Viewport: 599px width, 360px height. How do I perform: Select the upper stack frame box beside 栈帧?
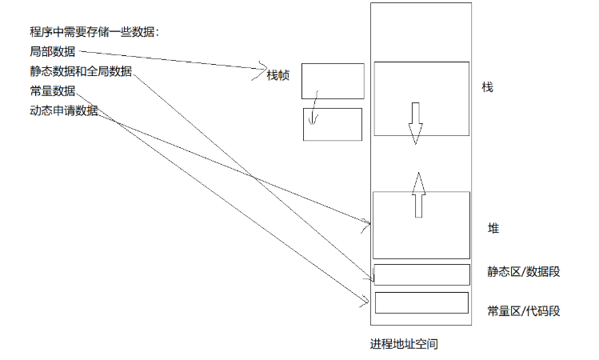pos(333,81)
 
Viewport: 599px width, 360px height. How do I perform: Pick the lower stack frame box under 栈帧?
pos(333,124)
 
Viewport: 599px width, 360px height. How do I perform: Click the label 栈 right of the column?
pos(488,86)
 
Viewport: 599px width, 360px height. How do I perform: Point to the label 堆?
pos(493,229)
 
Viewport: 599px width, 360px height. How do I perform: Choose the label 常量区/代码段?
pos(524,310)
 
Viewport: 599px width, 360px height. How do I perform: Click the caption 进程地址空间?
pos(404,345)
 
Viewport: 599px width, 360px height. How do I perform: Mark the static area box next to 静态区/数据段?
pos(421,274)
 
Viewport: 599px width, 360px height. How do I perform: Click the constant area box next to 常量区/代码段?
pos(421,303)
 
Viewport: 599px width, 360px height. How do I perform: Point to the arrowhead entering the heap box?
pos(367,222)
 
